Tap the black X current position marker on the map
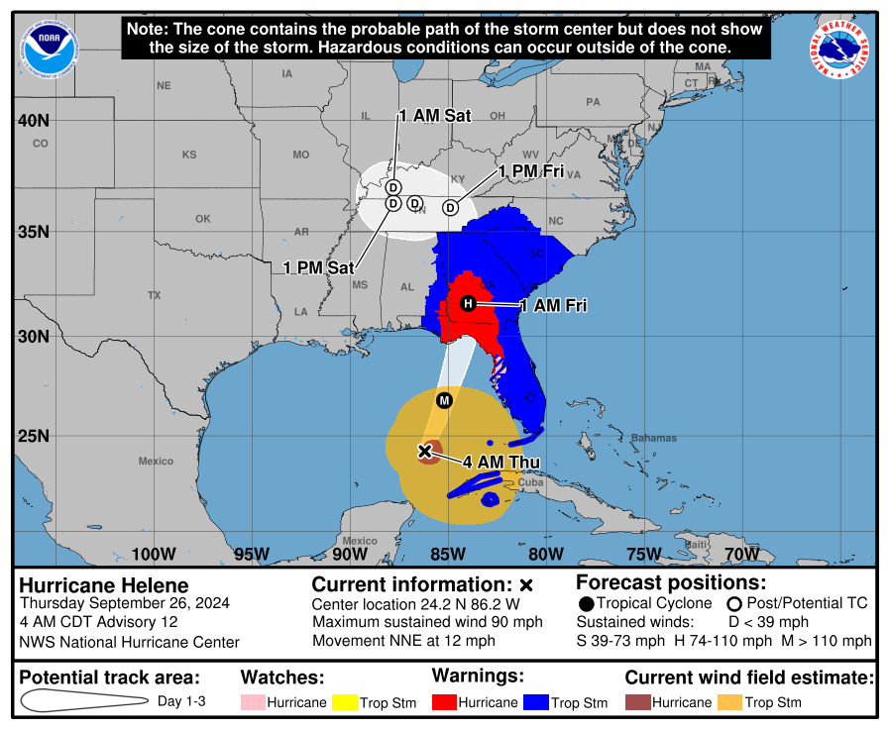pos(425,451)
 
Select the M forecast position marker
pos(444,400)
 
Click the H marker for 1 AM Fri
pos(468,303)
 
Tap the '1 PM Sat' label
pos(319,267)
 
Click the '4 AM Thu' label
pos(501,462)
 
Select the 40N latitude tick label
pos(33,121)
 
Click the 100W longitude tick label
pos(154,553)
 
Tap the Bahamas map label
pos(653,438)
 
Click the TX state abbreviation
pos(154,295)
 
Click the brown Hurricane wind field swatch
pos(640,702)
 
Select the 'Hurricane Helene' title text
pos(104,585)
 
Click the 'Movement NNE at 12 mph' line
pos(403,641)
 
